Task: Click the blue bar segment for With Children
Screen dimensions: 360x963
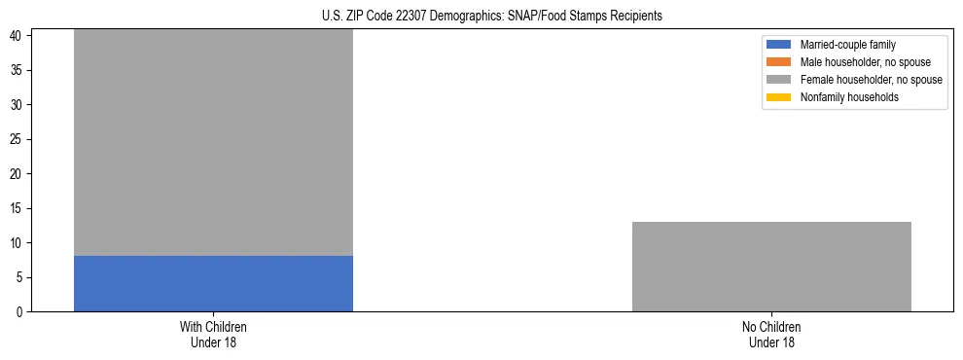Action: point(213,283)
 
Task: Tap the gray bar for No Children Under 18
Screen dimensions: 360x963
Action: point(771,267)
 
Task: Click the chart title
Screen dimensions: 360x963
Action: point(491,17)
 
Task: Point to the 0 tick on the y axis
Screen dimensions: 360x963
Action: point(20,312)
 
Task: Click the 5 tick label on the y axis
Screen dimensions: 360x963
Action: point(20,277)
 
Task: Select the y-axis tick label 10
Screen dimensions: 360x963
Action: point(18,243)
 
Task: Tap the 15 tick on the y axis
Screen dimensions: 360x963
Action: point(18,208)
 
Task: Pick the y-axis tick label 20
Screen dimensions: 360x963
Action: point(18,174)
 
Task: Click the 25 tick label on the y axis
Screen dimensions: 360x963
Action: point(18,139)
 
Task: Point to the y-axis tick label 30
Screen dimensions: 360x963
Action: point(18,105)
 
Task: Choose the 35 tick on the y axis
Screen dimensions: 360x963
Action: point(18,70)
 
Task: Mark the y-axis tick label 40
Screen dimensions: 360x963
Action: point(18,36)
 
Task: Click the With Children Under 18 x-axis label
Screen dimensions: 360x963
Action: point(213,335)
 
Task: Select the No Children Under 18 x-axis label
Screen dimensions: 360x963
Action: point(771,335)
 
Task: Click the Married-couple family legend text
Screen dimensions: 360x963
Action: point(847,45)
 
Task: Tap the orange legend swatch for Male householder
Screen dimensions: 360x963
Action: point(779,62)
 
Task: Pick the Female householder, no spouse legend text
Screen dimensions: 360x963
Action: point(871,80)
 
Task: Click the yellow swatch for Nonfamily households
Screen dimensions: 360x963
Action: point(779,97)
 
